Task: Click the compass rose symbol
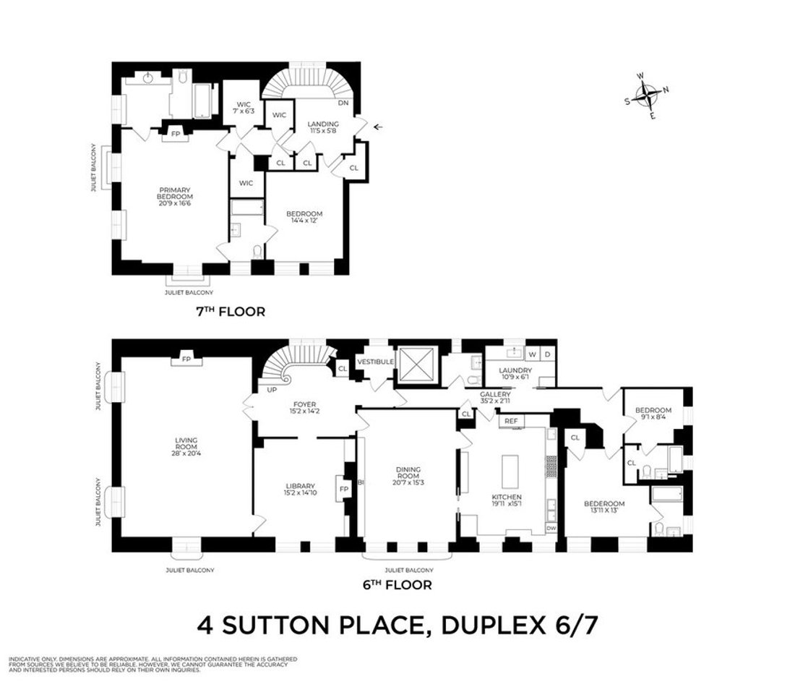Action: pos(647,93)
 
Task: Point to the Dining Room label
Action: pos(407,475)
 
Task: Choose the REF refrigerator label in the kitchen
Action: pos(511,420)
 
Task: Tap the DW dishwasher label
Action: pos(551,528)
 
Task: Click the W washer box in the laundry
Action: pos(532,354)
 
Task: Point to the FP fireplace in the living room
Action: pos(186,359)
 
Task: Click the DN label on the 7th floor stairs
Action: pos(343,103)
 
